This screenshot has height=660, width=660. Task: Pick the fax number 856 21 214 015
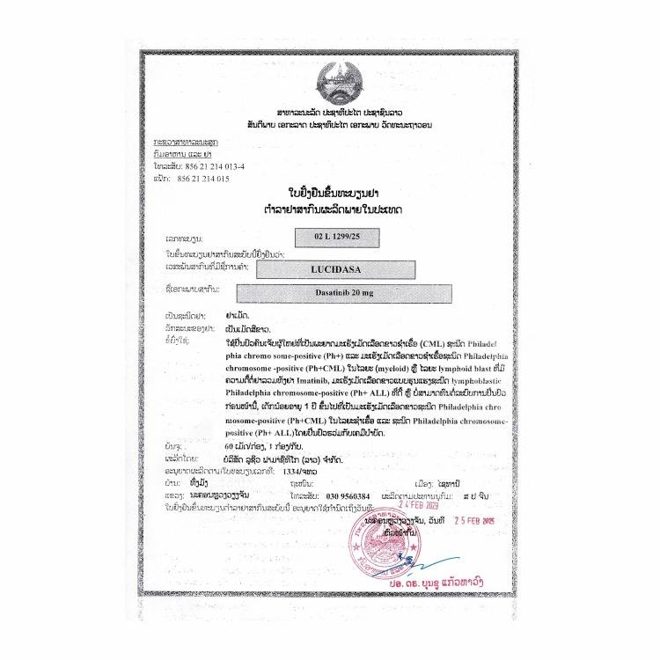(x=203, y=178)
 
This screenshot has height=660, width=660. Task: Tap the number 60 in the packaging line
(x=234, y=445)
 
